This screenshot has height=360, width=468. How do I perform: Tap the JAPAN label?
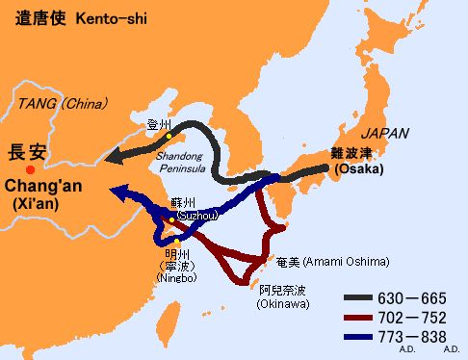coord(384,133)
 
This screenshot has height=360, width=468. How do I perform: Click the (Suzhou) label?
coord(190,216)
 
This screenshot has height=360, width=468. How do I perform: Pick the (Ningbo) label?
coord(176,277)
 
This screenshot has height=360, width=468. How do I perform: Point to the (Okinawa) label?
coord(285,305)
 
